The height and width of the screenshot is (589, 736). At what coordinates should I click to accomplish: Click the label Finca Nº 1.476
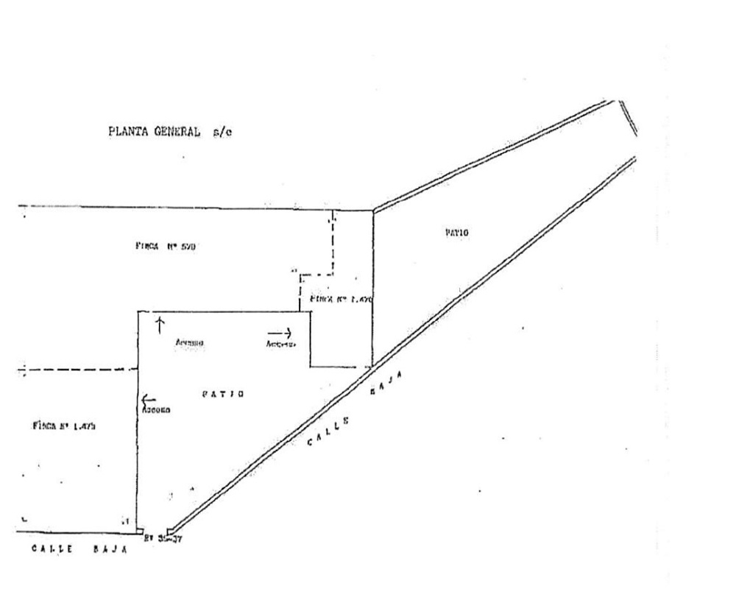click(x=342, y=300)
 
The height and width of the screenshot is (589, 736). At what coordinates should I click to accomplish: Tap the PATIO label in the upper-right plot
click(x=456, y=233)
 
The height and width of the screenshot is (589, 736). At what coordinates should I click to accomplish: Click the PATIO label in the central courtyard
click(x=222, y=395)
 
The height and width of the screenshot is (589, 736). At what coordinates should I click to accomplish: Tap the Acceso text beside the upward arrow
click(x=189, y=343)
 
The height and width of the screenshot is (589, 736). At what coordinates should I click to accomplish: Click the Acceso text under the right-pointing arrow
click(x=281, y=344)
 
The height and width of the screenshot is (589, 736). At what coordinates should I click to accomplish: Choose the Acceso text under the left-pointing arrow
click(x=156, y=410)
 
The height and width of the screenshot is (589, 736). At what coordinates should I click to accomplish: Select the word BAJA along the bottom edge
click(x=108, y=549)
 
